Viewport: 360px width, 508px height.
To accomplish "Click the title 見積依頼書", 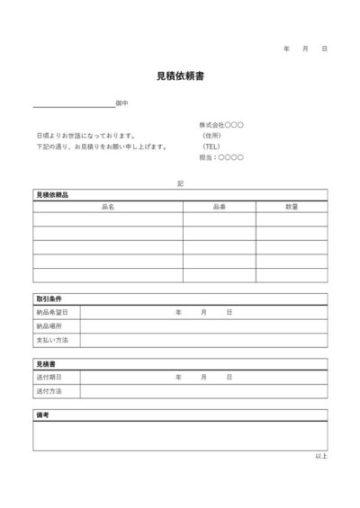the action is coord(180,76).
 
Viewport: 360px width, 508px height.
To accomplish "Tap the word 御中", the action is coord(121,103).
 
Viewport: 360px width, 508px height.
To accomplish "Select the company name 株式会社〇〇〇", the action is coord(221,124).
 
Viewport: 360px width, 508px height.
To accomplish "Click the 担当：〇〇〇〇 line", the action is coord(220,157).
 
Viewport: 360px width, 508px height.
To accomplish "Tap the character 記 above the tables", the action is coord(180,183).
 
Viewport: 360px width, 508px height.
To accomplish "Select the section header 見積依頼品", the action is coord(52,194).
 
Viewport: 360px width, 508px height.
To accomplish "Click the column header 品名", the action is coord(108,207).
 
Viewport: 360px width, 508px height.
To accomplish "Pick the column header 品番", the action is coord(220,207).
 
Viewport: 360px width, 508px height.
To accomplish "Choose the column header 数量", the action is coord(292,207).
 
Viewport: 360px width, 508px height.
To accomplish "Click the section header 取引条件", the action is coord(49,299).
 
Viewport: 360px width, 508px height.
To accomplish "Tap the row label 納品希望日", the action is coord(52,312).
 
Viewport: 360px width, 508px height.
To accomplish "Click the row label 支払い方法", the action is coord(52,341).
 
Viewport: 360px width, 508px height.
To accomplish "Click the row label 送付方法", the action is coord(49,392).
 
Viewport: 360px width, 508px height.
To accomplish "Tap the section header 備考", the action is coord(42,416).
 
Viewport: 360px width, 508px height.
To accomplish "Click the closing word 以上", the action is coord(321,457).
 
